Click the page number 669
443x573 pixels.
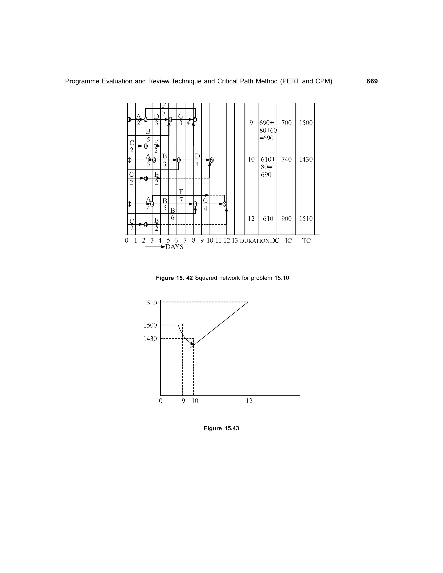click(x=372, y=81)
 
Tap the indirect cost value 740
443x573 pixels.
click(x=286, y=160)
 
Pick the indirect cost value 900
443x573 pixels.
click(x=286, y=219)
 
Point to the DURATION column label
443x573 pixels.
click(x=255, y=241)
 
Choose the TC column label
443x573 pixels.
click(x=306, y=241)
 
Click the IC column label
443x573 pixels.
click(x=288, y=241)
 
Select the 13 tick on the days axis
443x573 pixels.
click(x=235, y=240)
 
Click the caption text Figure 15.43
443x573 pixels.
click(x=221, y=428)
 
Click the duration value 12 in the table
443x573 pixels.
click(x=251, y=219)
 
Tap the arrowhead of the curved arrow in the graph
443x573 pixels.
click(x=193, y=344)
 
